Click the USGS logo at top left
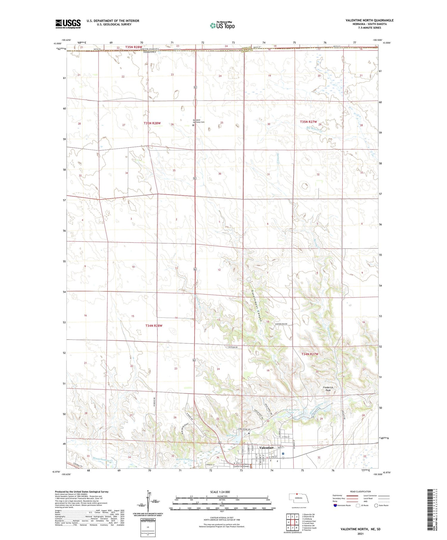point(68,24)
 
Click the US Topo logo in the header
point(222,25)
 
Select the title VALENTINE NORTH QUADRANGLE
point(369,20)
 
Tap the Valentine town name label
point(266,448)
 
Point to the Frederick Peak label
point(328,389)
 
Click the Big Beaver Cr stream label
point(315,130)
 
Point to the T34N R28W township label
point(154,326)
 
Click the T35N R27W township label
point(308,122)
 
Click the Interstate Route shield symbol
point(335,505)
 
